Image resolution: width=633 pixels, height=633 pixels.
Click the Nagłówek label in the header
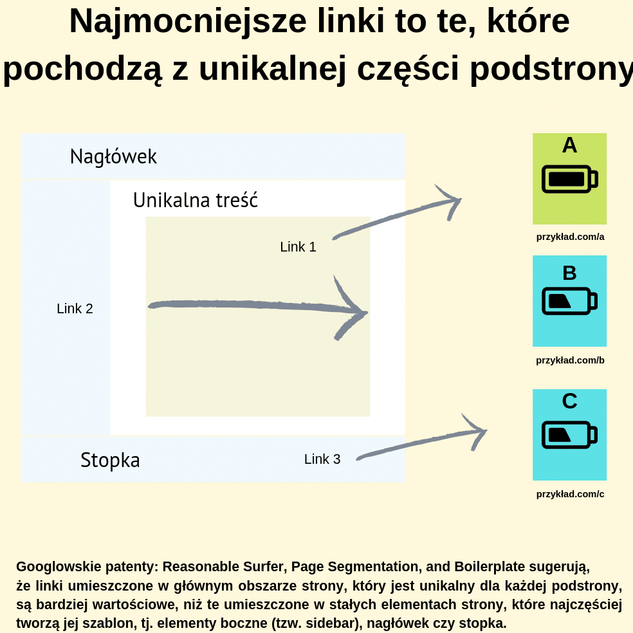click(113, 156)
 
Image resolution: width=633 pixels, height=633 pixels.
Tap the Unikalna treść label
click(196, 200)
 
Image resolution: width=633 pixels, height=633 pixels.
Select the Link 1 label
click(298, 246)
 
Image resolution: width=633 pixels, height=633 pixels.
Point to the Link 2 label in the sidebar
click(75, 308)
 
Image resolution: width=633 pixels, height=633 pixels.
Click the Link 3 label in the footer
click(322, 459)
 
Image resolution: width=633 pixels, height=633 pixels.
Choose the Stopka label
click(110, 460)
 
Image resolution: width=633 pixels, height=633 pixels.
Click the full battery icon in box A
click(569, 179)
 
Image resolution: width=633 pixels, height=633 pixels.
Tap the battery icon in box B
click(569, 301)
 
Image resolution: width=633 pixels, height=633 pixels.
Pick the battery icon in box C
click(569, 434)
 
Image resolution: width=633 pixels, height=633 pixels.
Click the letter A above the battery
click(569, 145)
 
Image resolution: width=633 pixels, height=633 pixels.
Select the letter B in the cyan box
click(569, 273)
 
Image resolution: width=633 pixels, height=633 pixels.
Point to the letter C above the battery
click(569, 401)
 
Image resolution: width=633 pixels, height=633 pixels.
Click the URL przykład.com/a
click(570, 237)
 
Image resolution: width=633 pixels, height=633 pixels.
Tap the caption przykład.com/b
click(570, 360)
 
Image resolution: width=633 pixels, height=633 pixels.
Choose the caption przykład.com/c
click(570, 494)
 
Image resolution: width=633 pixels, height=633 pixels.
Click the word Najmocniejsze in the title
click(188, 22)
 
